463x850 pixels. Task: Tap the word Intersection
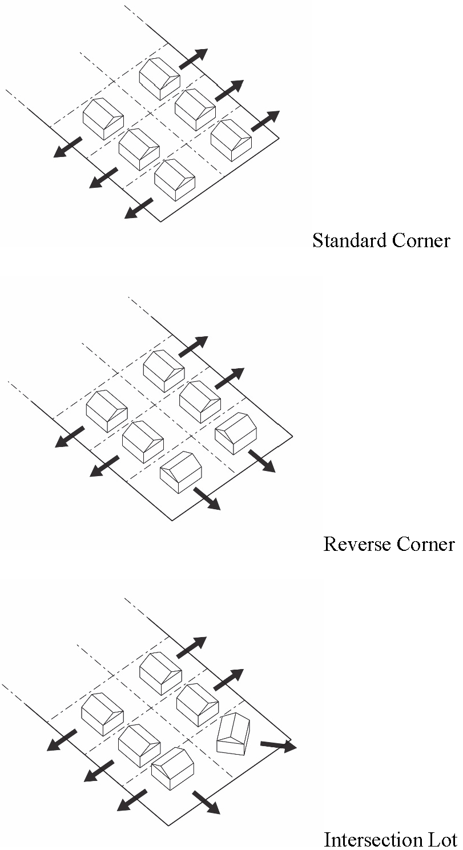[371, 840]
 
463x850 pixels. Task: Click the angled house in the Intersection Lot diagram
[233, 734]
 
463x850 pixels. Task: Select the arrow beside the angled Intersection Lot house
[278, 745]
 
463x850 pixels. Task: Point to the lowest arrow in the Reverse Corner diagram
[207, 498]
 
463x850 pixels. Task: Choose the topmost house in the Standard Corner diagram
[160, 78]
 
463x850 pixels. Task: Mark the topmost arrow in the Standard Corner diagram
[194, 59]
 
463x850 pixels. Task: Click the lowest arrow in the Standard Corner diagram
[139, 208]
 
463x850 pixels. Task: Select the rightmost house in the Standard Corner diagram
[231, 140]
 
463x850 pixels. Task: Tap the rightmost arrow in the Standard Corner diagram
[265, 120]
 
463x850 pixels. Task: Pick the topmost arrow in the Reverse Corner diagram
[194, 347]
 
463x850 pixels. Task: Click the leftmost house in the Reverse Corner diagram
[106, 410]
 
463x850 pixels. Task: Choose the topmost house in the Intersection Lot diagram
[160, 673]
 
